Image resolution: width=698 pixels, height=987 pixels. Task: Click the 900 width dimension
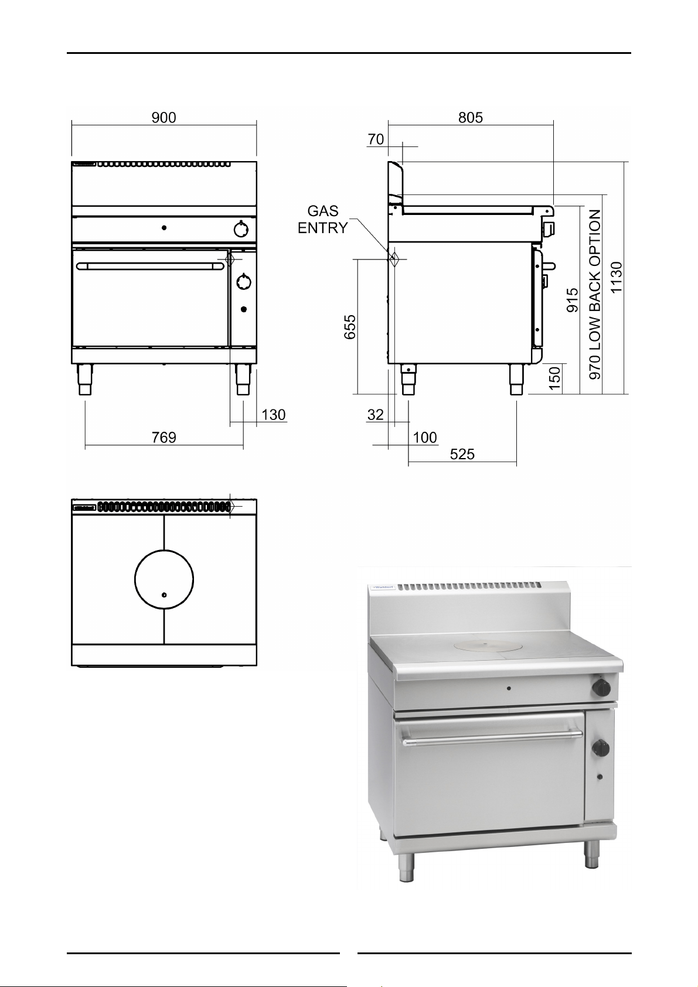[164, 118]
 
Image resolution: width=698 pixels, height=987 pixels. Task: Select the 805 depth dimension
[471, 118]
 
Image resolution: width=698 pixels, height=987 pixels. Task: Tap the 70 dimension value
[376, 139]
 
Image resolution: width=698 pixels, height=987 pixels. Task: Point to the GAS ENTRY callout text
[323, 220]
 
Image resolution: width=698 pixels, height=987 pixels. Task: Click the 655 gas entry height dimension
[350, 326]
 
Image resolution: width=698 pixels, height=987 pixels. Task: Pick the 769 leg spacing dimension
[164, 438]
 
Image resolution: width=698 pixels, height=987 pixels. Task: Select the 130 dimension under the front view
[273, 415]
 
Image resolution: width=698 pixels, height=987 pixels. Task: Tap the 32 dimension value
[375, 415]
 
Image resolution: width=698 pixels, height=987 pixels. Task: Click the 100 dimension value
[425, 438]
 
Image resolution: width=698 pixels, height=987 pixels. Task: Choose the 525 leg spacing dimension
[462, 455]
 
